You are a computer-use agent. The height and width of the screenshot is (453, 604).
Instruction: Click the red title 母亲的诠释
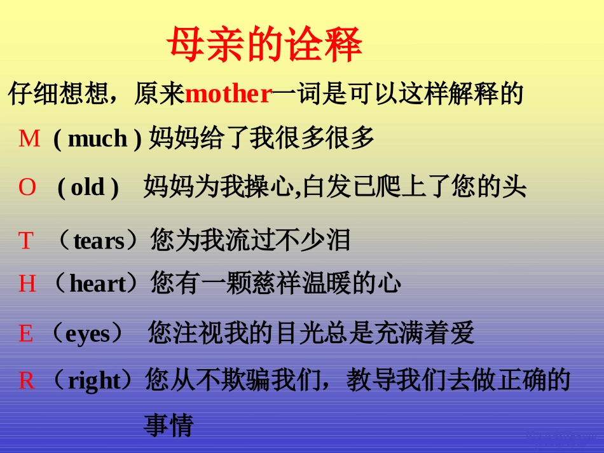(264, 44)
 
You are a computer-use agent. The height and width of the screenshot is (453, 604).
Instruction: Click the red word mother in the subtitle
(228, 95)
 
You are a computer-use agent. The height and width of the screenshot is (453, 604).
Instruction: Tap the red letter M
(29, 138)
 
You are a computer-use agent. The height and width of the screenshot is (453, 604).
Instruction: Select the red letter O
(27, 187)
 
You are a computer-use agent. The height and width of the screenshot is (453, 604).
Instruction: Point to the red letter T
(25, 241)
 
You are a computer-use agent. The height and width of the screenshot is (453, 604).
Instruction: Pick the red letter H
(27, 283)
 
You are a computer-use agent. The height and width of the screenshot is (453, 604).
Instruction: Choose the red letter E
(26, 333)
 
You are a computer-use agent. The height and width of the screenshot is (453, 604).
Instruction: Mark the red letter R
(27, 381)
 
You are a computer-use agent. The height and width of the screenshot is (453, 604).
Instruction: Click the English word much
(97, 139)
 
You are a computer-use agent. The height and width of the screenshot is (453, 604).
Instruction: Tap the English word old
(88, 188)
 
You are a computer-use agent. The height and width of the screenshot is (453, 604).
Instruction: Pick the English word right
(94, 381)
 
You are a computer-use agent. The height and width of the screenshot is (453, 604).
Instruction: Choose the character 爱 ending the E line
(462, 333)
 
